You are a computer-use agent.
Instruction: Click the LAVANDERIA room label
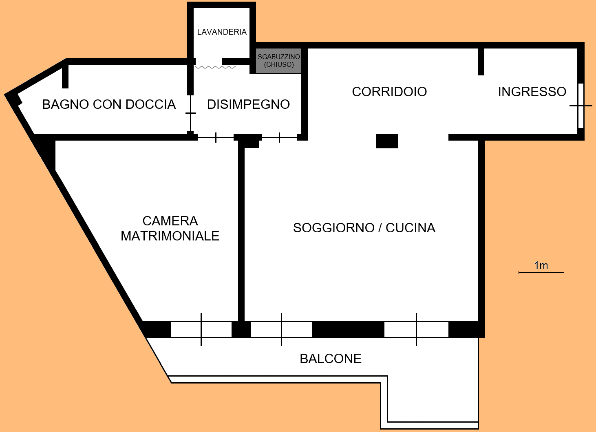pos(222,32)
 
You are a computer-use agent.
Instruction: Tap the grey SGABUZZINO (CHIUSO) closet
pos(279,61)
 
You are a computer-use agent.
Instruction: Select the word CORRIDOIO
pos(389,92)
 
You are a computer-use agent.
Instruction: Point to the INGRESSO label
pos(532,92)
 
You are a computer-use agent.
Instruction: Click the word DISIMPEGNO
pos(248,104)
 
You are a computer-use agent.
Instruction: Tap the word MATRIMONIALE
pos(170,236)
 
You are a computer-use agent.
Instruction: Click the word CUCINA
pos(410,228)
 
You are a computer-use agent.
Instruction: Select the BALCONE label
pos(331,359)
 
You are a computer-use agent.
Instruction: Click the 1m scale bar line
pos(541,272)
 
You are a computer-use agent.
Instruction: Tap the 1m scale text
pos(541,265)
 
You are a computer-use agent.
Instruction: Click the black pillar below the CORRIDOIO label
pos(387,141)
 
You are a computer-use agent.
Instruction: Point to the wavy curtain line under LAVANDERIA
pos(215,67)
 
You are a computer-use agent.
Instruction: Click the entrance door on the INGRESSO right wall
pos(581,106)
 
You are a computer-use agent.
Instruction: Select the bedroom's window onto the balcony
pos(201,329)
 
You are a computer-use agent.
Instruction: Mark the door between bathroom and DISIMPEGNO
pos(190,113)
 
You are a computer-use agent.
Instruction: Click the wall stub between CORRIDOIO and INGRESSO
pos(481,61)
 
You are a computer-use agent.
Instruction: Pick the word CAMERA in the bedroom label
pos(170,221)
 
